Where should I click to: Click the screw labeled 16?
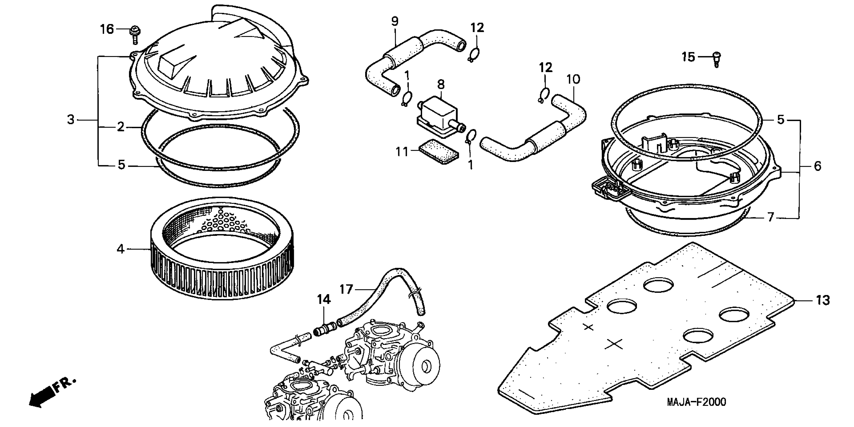(x=135, y=34)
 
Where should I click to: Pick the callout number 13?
(x=823, y=300)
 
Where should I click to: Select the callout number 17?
(x=346, y=289)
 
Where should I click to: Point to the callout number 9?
(x=395, y=22)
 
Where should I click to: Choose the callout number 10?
(x=573, y=79)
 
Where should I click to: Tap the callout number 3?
(x=71, y=120)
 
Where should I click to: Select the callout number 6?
(x=818, y=166)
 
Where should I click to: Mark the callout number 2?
(x=120, y=127)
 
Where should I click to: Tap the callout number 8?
(x=441, y=84)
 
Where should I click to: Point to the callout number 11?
(x=402, y=152)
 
